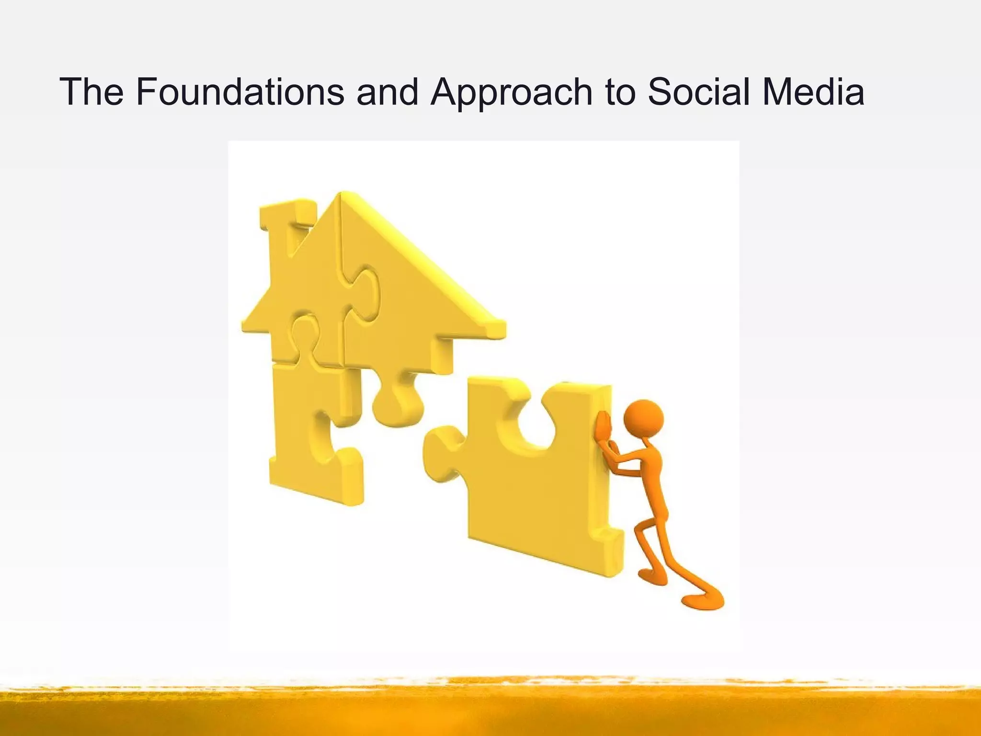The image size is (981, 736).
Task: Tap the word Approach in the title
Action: (511, 92)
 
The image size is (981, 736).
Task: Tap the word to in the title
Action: (620, 92)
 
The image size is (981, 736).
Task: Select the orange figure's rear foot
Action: (704, 601)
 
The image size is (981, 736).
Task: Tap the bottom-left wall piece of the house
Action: (311, 431)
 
